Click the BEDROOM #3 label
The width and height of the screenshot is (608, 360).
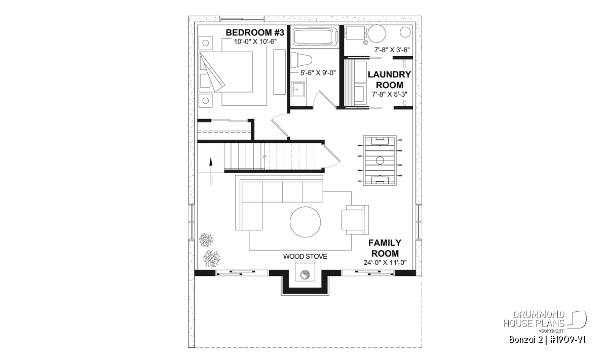pyautogui.click(x=255, y=33)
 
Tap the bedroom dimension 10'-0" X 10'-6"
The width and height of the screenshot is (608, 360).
pyautogui.click(x=255, y=42)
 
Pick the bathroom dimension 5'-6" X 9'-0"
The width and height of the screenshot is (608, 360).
pyautogui.click(x=318, y=73)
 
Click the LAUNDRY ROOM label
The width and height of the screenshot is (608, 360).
pyautogui.click(x=390, y=79)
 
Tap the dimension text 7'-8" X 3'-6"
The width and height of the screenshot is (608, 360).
pyautogui.click(x=392, y=50)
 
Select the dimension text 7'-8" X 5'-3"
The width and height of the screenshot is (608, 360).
pyautogui.click(x=390, y=94)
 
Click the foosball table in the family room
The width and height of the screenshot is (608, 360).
pyautogui.click(x=379, y=161)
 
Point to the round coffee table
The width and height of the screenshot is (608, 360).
pyautogui.click(x=305, y=222)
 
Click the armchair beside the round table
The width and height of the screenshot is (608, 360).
pyautogui.click(x=355, y=220)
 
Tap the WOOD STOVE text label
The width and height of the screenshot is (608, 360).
pyautogui.click(x=305, y=256)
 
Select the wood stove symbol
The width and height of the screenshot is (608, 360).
pyautogui.click(x=305, y=274)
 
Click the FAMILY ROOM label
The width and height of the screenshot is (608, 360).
pyautogui.click(x=385, y=248)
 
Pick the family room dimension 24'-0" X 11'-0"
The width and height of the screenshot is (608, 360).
pyautogui.click(x=385, y=263)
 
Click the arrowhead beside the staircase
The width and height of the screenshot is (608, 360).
pyautogui.click(x=211, y=161)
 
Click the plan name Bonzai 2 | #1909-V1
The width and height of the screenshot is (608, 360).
pyautogui.click(x=547, y=340)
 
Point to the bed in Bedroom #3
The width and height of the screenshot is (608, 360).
pyautogui.click(x=226, y=72)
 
